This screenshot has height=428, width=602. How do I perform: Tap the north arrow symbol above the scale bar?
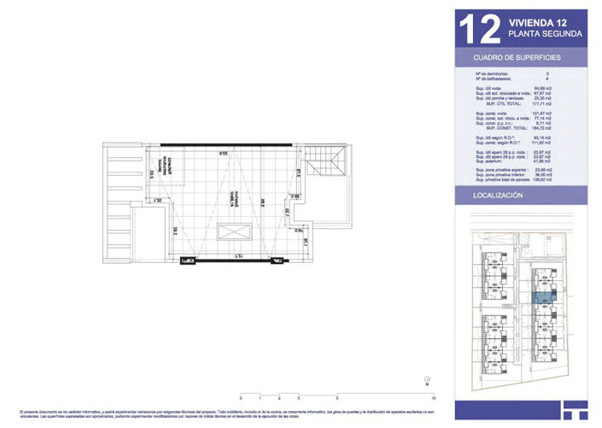click(424, 382)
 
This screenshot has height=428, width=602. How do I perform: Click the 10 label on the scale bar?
click(434, 399)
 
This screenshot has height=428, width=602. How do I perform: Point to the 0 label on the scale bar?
click(241, 399)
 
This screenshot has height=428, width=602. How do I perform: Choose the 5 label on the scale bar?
click(337, 399)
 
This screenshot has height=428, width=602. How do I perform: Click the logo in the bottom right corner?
click(575, 409)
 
